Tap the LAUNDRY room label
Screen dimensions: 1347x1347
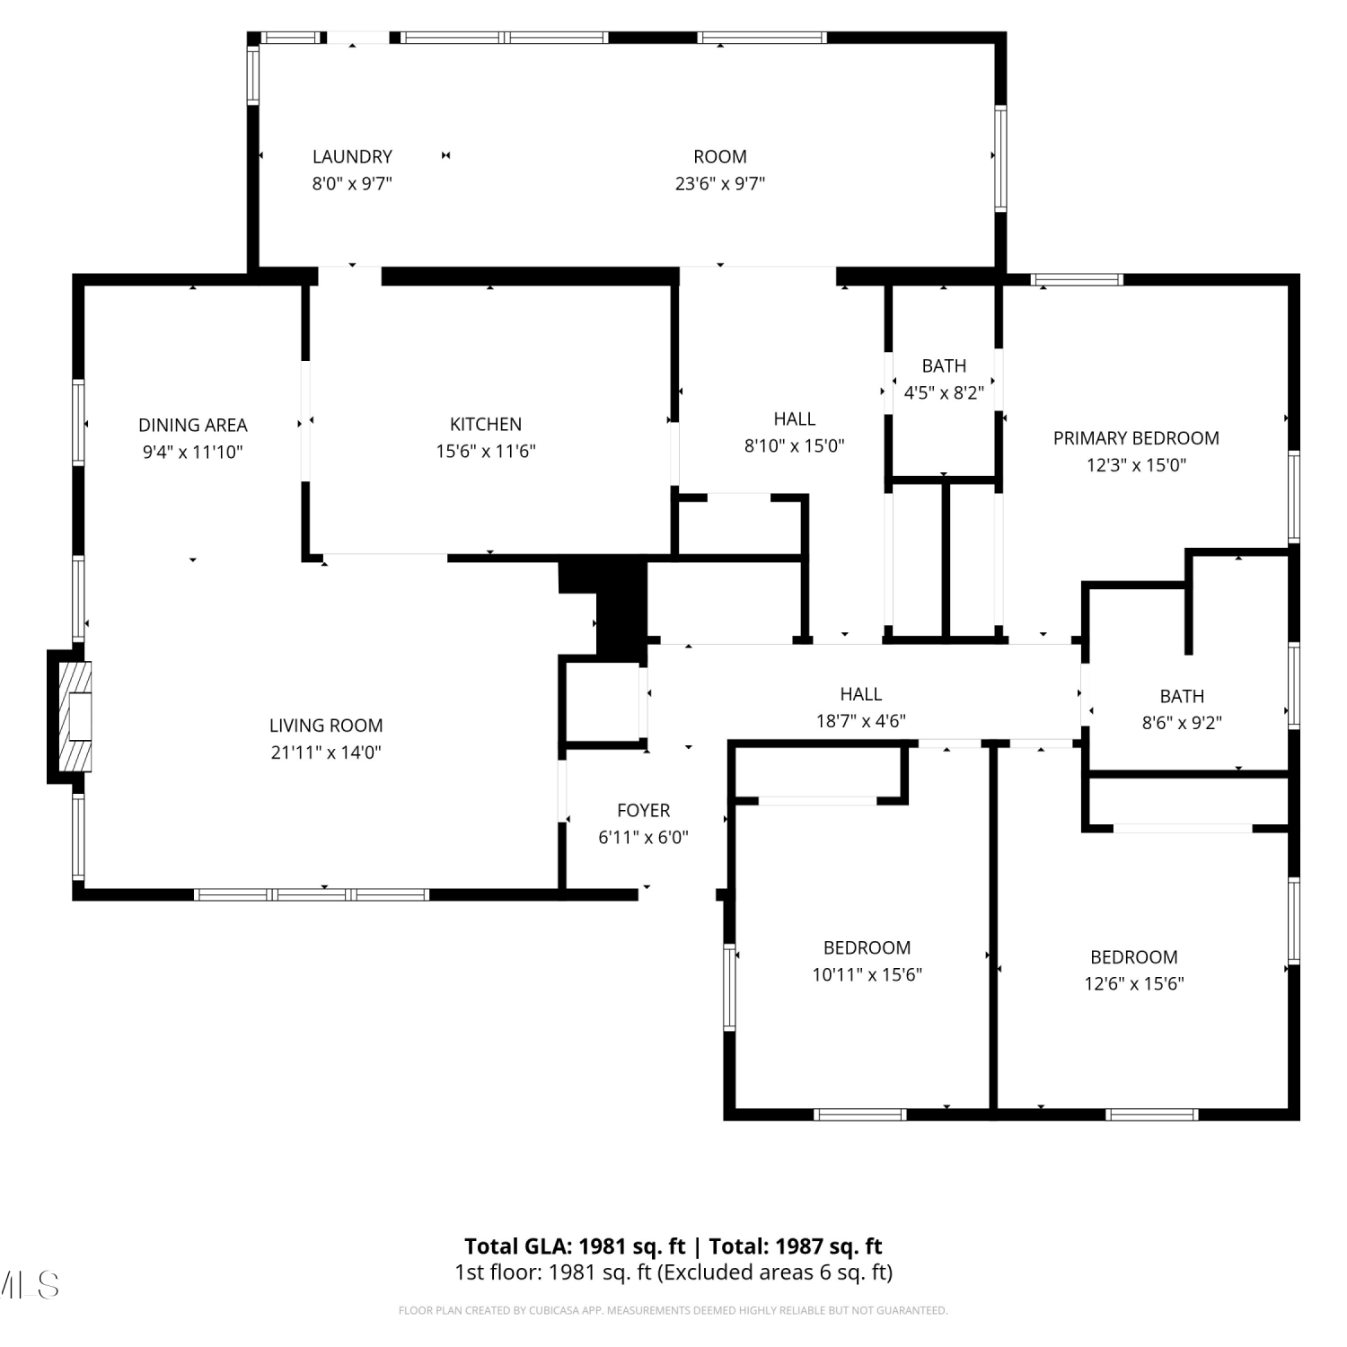(352, 156)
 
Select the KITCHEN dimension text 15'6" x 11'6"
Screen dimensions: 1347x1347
(486, 452)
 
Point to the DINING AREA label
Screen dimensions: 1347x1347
(193, 425)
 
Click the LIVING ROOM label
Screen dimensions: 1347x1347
(326, 726)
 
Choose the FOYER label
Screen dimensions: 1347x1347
(644, 810)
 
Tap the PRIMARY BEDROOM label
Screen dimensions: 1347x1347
(1136, 438)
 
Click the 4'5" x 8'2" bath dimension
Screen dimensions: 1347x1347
(944, 392)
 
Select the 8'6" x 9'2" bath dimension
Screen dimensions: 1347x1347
(1182, 723)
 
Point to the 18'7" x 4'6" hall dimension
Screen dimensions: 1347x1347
(860, 721)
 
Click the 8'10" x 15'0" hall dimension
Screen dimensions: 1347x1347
(795, 446)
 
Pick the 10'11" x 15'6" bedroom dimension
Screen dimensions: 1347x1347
(867, 975)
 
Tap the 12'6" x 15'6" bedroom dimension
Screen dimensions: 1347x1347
(1134, 984)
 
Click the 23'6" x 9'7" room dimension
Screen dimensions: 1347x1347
(720, 184)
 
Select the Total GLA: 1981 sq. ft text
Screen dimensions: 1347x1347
(575, 1246)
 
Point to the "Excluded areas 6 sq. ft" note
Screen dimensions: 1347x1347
(776, 1272)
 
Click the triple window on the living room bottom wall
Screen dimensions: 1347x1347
(312, 894)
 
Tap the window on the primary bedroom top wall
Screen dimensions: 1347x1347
(1077, 280)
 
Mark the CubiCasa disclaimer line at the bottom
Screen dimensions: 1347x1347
(673, 1311)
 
